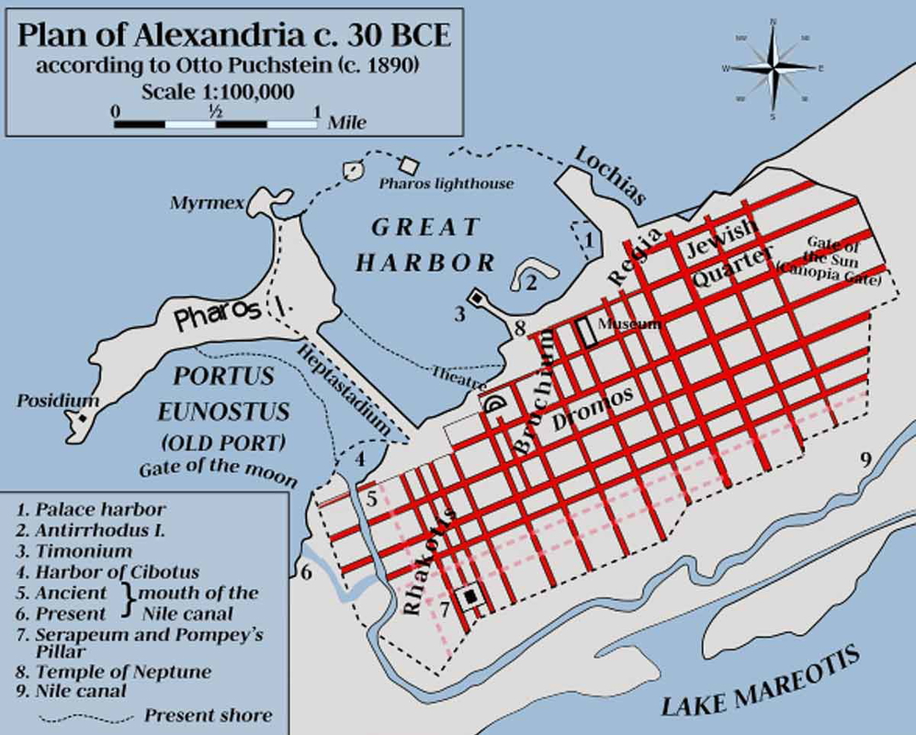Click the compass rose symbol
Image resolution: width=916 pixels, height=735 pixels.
(772, 68)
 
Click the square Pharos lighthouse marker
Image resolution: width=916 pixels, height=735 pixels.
(409, 164)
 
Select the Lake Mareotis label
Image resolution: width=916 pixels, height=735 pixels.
(761, 681)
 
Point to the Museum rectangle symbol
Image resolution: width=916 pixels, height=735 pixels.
(584, 332)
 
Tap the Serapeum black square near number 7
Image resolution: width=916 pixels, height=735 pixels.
(471, 597)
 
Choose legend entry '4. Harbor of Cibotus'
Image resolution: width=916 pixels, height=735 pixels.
(108, 572)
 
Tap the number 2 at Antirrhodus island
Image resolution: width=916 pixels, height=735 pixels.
(531, 283)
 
